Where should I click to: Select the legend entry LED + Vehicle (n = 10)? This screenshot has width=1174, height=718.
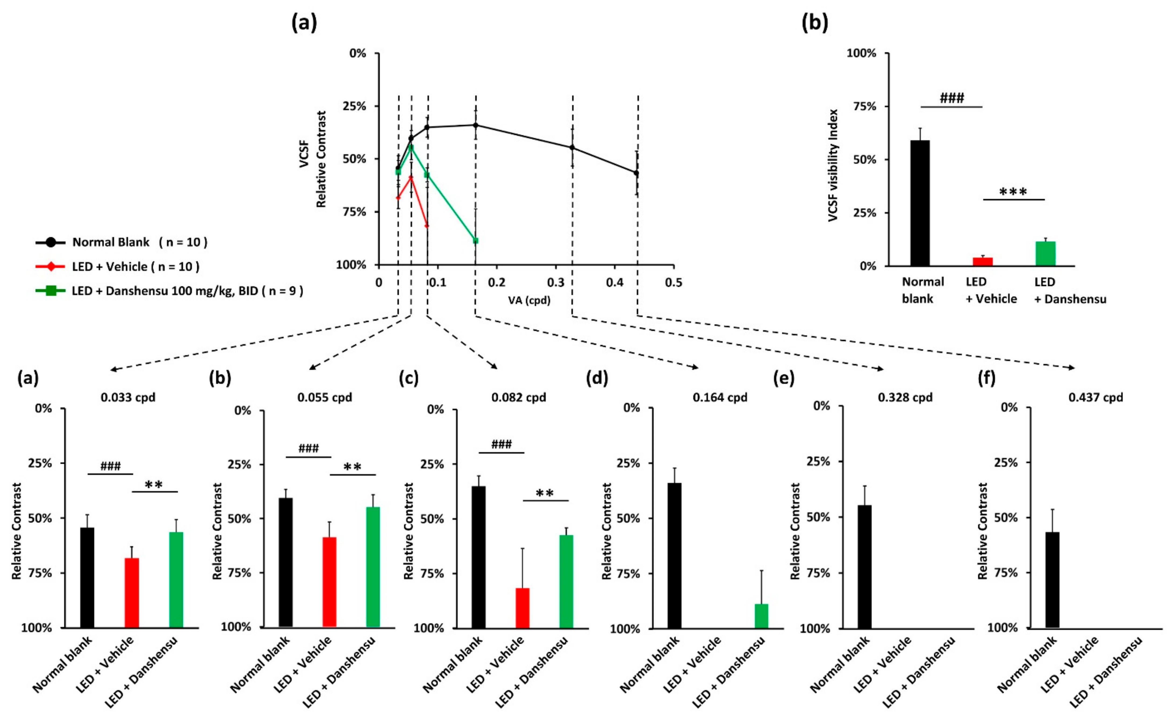(x=135, y=266)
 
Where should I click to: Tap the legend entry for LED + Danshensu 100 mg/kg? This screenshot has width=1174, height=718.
(x=187, y=291)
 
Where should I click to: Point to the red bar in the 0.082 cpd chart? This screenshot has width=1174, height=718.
(x=523, y=608)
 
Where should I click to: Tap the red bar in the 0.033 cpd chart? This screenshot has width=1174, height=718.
(x=131, y=592)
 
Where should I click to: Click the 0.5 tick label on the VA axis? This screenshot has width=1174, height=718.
(x=673, y=282)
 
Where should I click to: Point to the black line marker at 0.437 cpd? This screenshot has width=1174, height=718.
(x=636, y=173)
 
